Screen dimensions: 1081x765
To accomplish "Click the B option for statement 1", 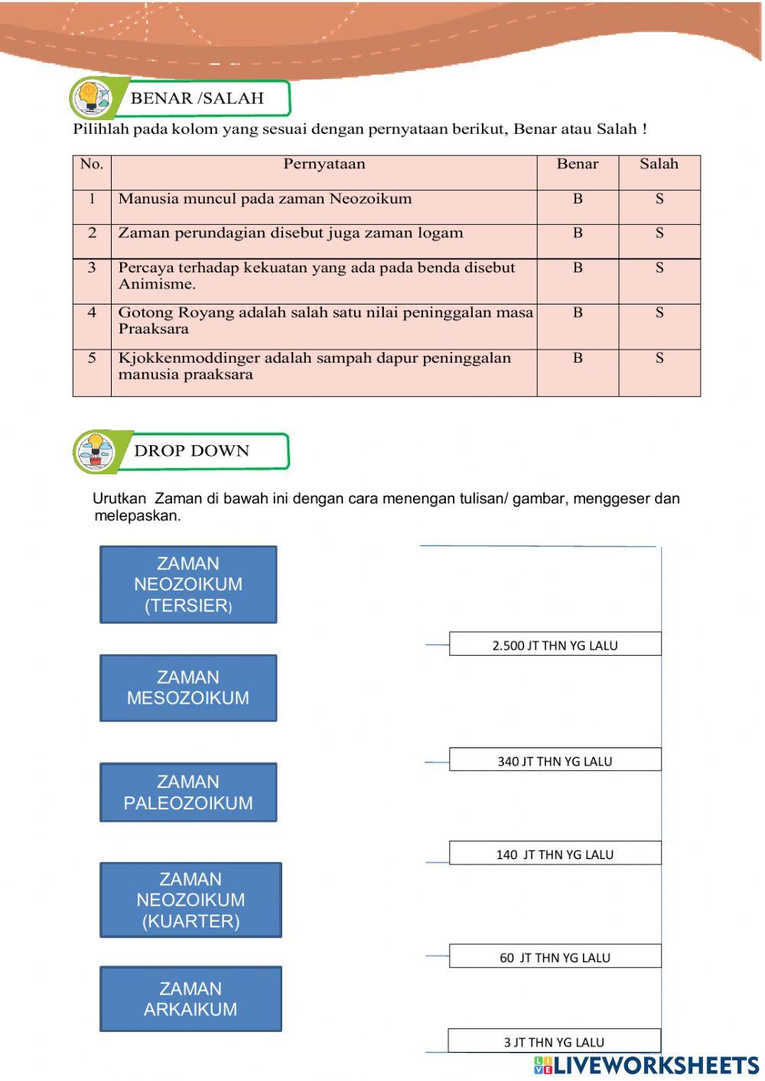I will (x=578, y=199).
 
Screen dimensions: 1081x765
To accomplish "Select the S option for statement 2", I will (x=659, y=233).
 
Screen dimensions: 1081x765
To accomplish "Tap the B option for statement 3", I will (x=578, y=268).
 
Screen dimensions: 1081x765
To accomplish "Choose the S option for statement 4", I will (x=659, y=313).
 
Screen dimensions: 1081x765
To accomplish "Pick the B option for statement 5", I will (x=578, y=358).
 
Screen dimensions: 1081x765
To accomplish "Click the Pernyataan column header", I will (x=324, y=164).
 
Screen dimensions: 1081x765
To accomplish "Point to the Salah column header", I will (x=659, y=164).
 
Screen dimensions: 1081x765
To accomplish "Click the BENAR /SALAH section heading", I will (x=197, y=99).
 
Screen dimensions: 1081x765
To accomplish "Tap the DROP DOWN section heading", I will (x=191, y=451).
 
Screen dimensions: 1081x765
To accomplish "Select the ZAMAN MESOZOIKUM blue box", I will (x=188, y=688).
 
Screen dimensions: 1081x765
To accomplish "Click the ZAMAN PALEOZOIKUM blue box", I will (x=188, y=793).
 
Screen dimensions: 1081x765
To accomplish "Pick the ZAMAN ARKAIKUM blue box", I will (x=190, y=999).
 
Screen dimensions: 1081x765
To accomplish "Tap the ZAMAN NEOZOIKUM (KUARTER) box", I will (x=190, y=900).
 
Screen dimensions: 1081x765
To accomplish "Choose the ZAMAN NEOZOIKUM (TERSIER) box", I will (x=188, y=584).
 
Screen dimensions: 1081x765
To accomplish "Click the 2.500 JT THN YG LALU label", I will (x=555, y=645).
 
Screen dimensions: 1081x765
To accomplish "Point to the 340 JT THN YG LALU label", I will (x=555, y=760).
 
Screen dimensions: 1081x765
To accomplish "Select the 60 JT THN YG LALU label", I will (x=555, y=957).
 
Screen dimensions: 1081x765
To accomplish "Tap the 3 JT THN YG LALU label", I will (x=554, y=1042).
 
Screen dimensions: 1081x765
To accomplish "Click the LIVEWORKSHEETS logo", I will (x=646, y=1065).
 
